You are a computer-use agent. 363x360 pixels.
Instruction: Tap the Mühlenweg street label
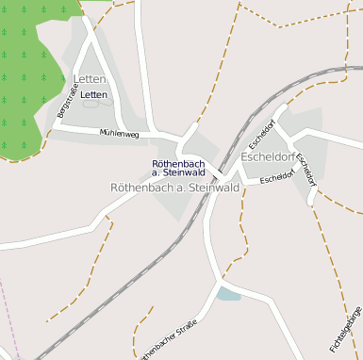click(x=120, y=135)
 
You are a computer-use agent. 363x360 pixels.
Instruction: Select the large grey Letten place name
click(x=90, y=79)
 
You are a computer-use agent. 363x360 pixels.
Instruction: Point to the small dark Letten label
click(x=94, y=95)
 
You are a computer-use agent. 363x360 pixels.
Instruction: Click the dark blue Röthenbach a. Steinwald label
click(x=178, y=168)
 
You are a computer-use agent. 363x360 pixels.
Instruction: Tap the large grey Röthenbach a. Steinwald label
click(x=174, y=188)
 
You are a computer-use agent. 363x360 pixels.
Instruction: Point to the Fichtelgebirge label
click(x=347, y=330)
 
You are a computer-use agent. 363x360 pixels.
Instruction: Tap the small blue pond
click(x=228, y=294)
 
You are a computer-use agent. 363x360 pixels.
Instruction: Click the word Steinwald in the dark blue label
click(x=184, y=172)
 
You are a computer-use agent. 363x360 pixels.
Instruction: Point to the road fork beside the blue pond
click(x=221, y=280)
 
